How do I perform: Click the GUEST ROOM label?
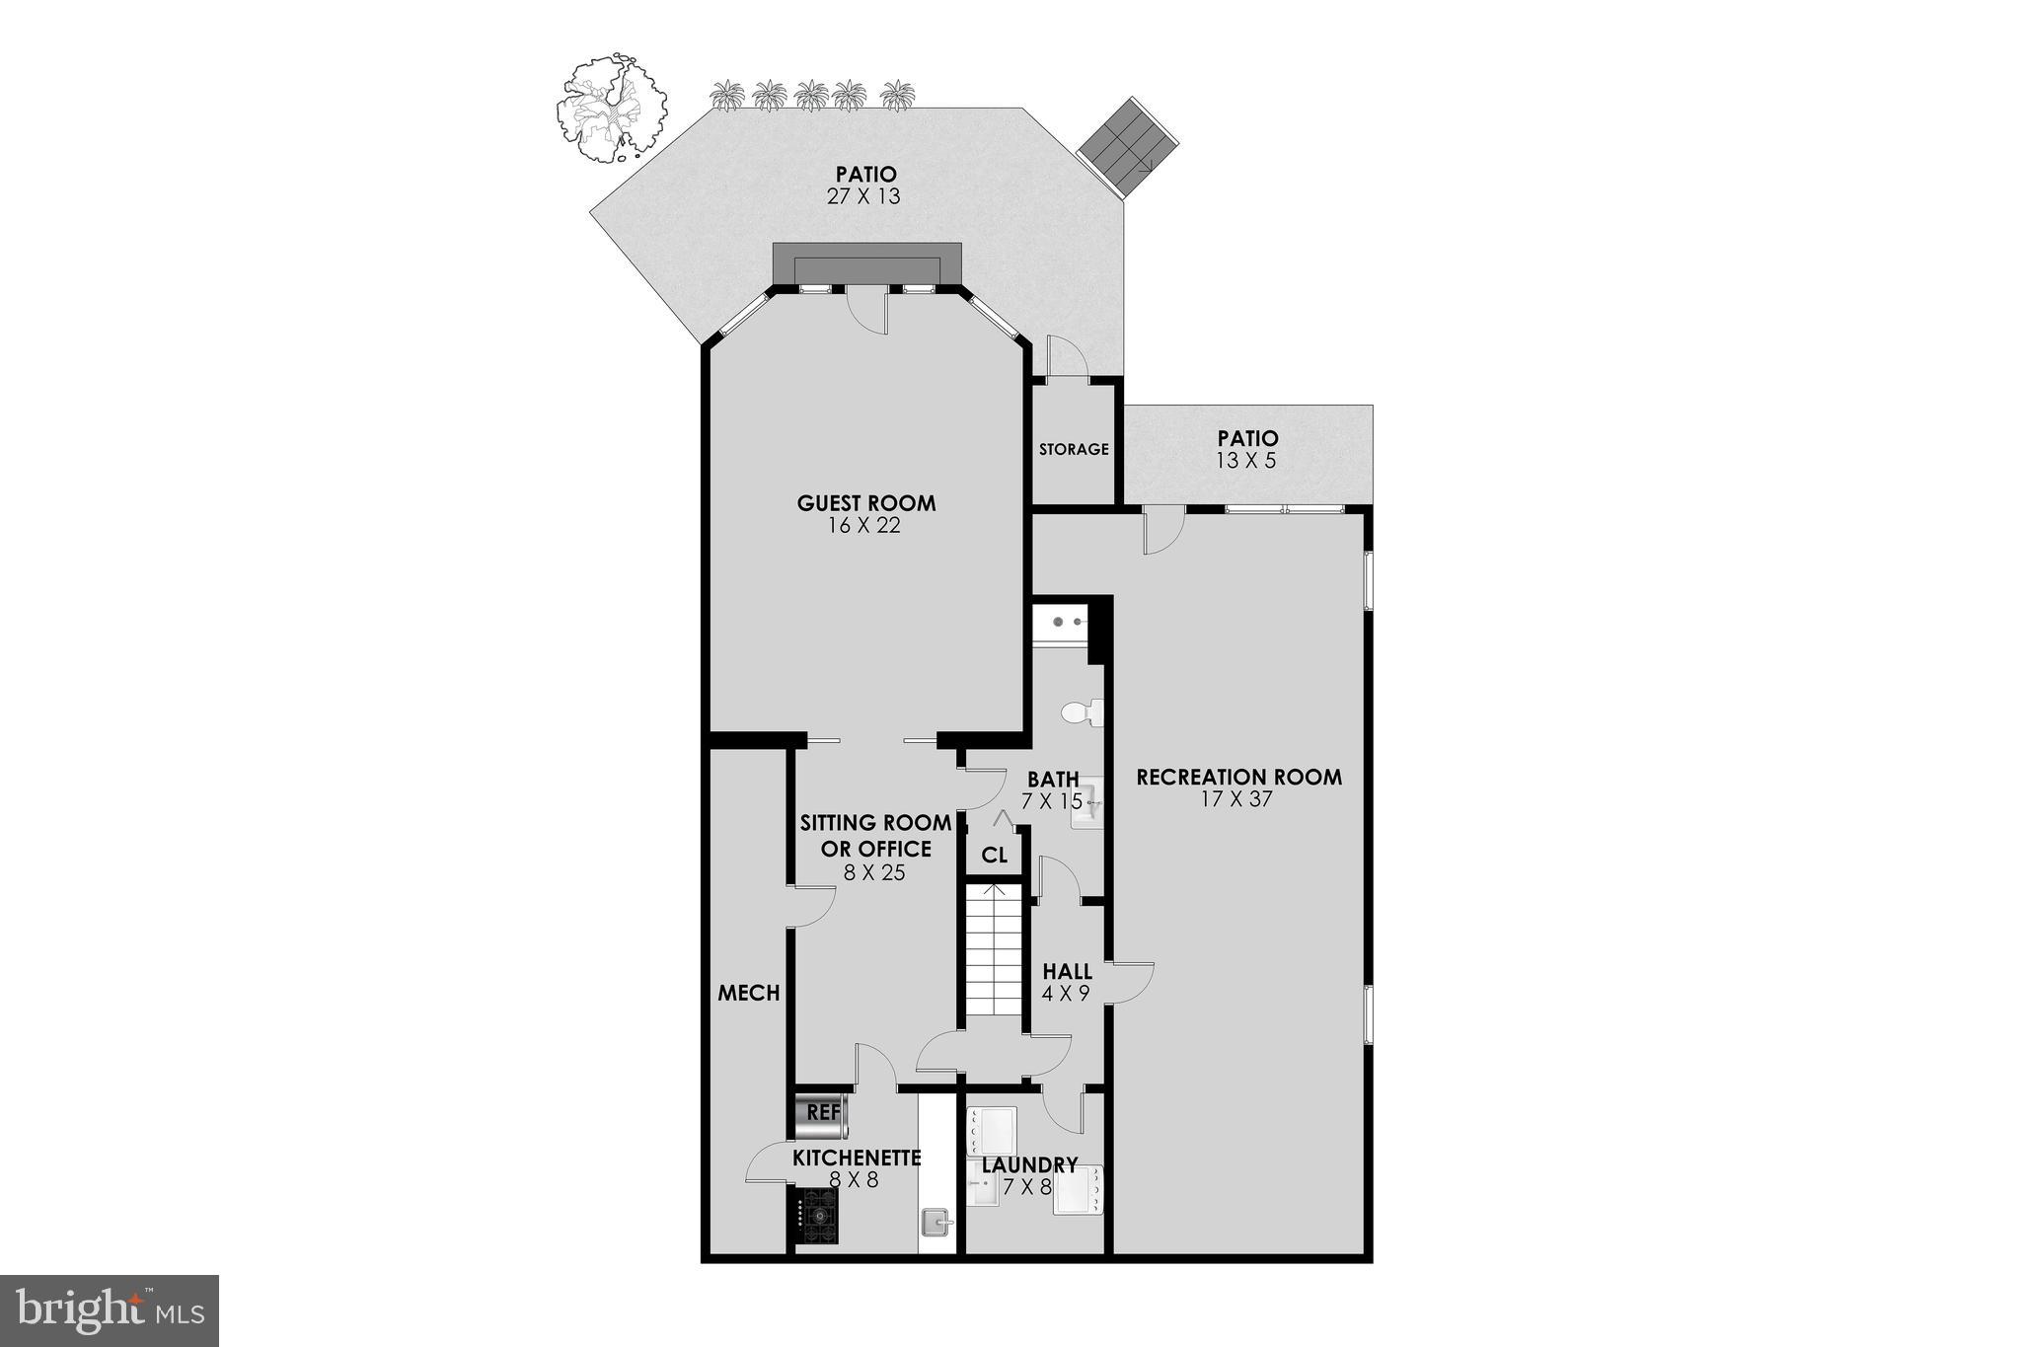click(x=866, y=503)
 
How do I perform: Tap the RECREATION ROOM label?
click(x=1238, y=777)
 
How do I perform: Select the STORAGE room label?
click(x=1074, y=449)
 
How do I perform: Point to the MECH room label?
click(x=749, y=993)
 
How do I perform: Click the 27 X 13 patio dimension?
click(x=863, y=196)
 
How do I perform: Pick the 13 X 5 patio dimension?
click(x=1247, y=460)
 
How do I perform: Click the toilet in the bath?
click(x=1081, y=711)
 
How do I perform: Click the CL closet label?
click(x=995, y=855)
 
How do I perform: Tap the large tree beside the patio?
click(x=610, y=107)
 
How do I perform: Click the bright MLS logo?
click(x=110, y=1310)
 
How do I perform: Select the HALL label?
click(x=1067, y=972)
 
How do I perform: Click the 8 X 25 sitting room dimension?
click(x=873, y=873)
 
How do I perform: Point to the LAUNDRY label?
click(x=1029, y=1165)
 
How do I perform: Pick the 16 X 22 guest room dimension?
click(x=865, y=526)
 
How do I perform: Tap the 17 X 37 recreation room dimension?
click(x=1236, y=799)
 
